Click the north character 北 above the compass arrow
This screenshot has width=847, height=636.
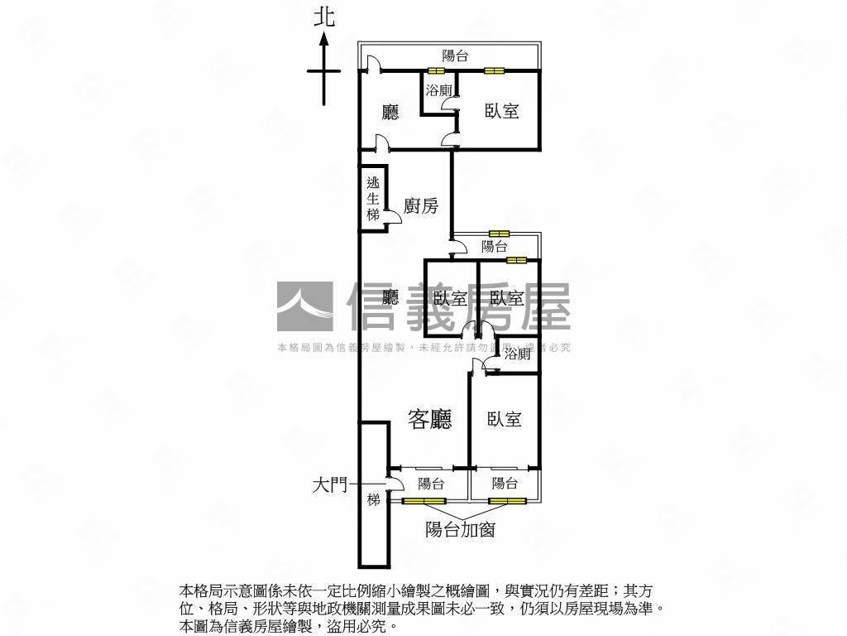(x=324, y=18)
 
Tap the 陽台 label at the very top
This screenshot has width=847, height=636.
(x=455, y=55)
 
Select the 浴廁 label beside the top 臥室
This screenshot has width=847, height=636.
(x=438, y=90)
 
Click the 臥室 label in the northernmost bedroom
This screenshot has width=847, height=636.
(x=501, y=110)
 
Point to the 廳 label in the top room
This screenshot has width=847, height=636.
(x=390, y=112)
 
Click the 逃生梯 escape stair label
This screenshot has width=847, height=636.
(x=373, y=199)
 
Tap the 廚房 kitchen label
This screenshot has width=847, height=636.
(x=421, y=206)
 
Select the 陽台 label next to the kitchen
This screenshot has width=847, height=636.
(x=495, y=246)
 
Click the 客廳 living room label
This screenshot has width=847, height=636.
(x=431, y=420)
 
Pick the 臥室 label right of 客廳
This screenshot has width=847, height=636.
(x=504, y=420)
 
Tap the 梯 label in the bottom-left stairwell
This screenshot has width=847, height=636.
(x=374, y=499)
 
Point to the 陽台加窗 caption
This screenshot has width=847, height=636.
(x=460, y=530)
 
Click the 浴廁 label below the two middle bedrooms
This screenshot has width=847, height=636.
(x=518, y=354)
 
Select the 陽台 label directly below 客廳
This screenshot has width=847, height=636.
(x=431, y=483)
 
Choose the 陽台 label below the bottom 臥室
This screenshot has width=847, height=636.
(x=505, y=483)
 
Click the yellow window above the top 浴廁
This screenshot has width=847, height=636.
(x=436, y=70)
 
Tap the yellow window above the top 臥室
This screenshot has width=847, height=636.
(x=495, y=70)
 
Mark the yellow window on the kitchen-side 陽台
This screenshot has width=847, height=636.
(x=500, y=234)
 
